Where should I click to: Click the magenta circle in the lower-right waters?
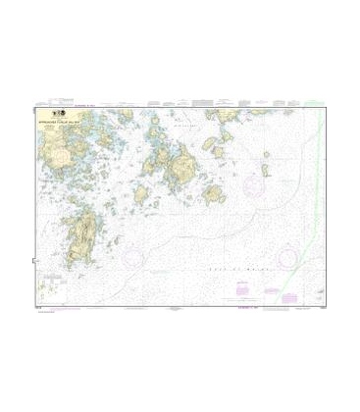(289, 257)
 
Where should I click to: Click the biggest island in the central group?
(180, 156)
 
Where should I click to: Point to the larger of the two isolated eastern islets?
(266, 169)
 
